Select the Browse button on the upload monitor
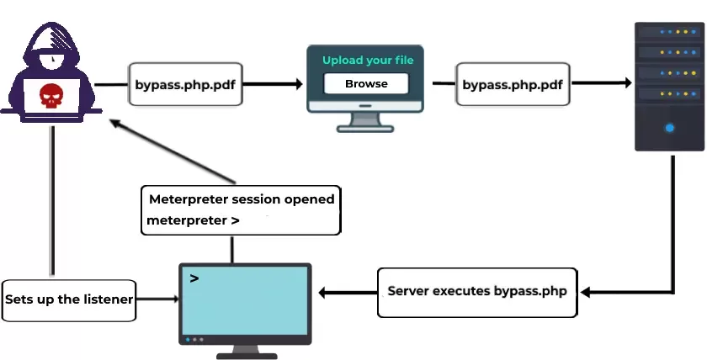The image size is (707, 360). (x=366, y=83)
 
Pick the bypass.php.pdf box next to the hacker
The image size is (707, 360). (x=178, y=84)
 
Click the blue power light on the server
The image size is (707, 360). (x=669, y=128)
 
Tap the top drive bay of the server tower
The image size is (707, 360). (x=669, y=33)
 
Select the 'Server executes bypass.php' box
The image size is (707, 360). (x=477, y=292)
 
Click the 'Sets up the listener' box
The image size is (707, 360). (x=69, y=299)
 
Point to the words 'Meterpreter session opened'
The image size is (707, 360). (x=242, y=199)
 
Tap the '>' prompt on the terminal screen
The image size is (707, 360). (x=194, y=278)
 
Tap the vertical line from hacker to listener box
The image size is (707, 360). (x=52, y=202)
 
